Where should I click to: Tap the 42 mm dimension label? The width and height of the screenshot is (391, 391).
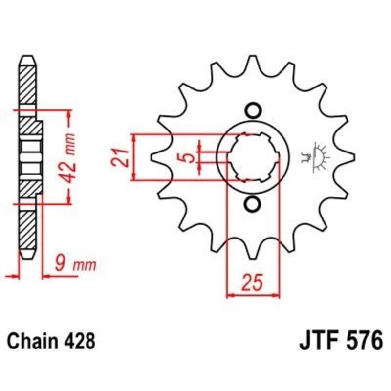[70, 156]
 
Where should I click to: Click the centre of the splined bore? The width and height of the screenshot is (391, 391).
[253, 157]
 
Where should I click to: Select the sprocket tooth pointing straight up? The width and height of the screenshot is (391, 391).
[253, 61]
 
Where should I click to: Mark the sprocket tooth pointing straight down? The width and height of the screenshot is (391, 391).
[253, 254]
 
